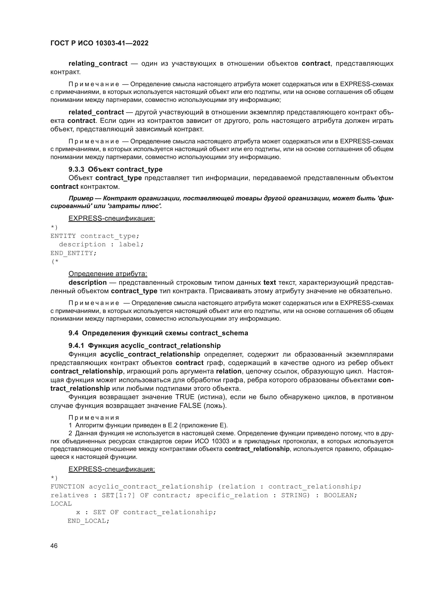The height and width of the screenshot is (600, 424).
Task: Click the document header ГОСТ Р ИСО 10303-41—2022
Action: click(x=99, y=43)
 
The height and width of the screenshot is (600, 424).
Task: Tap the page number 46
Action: click(x=54, y=546)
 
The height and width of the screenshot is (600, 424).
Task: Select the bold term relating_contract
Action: click(x=98, y=64)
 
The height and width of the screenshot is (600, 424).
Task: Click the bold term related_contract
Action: click(x=96, y=112)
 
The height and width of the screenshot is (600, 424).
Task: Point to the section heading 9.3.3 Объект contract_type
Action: click(x=115, y=169)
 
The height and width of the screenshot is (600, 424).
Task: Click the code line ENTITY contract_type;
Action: click(x=95, y=236)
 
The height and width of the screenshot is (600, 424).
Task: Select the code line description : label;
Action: click(x=101, y=244)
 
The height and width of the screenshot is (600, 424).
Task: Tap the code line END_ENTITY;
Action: click(x=73, y=253)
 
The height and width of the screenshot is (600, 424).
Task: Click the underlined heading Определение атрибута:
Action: click(x=108, y=274)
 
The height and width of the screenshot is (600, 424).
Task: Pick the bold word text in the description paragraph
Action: click(x=269, y=282)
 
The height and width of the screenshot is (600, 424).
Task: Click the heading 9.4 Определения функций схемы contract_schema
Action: click(x=158, y=333)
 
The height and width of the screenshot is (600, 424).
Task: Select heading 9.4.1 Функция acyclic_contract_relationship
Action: click(x=144, y=346)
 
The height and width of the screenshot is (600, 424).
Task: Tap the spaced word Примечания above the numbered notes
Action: click(x=94, y=418)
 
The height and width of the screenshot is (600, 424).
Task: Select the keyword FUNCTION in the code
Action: click(x=67, y=487)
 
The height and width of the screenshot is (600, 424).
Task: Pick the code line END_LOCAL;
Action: click(x=88, y=521)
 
